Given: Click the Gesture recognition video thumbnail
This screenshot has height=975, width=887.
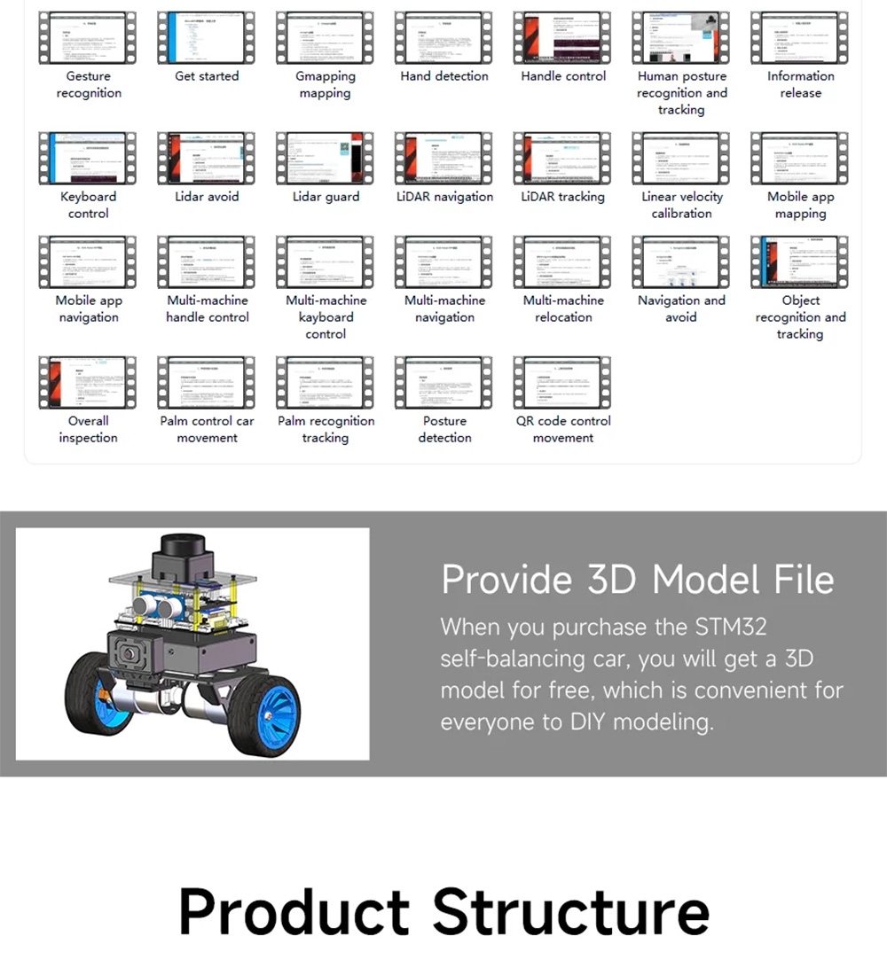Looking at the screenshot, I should pos(88,37).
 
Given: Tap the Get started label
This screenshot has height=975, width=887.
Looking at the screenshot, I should pos(207,76).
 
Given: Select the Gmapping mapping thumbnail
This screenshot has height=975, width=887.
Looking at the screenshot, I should pos(326,37).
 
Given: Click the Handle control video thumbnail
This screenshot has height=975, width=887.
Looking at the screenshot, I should pos(563,37).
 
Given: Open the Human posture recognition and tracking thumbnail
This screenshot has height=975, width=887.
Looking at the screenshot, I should pos(681,37).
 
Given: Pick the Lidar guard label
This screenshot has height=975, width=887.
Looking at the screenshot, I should pos(326,197).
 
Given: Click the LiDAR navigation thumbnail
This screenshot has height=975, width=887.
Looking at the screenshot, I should pos(444,158).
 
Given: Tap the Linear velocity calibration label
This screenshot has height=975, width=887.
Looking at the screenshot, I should pos(681,205).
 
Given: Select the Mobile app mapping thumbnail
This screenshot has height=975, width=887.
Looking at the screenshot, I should pos(800,158).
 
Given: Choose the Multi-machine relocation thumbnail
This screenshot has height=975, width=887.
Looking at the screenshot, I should pos(563,261).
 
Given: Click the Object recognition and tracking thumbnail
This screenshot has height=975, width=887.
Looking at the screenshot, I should pos(800,261).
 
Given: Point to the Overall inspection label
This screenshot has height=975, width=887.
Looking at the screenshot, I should pos(88,429).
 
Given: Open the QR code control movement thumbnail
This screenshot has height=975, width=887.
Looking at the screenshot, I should pos(563,382).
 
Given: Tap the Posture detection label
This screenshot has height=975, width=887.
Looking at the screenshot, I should pos(444,429).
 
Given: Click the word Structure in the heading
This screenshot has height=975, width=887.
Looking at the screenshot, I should pos(571,911).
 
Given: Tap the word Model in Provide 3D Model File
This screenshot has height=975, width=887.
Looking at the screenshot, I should pos(706,580).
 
